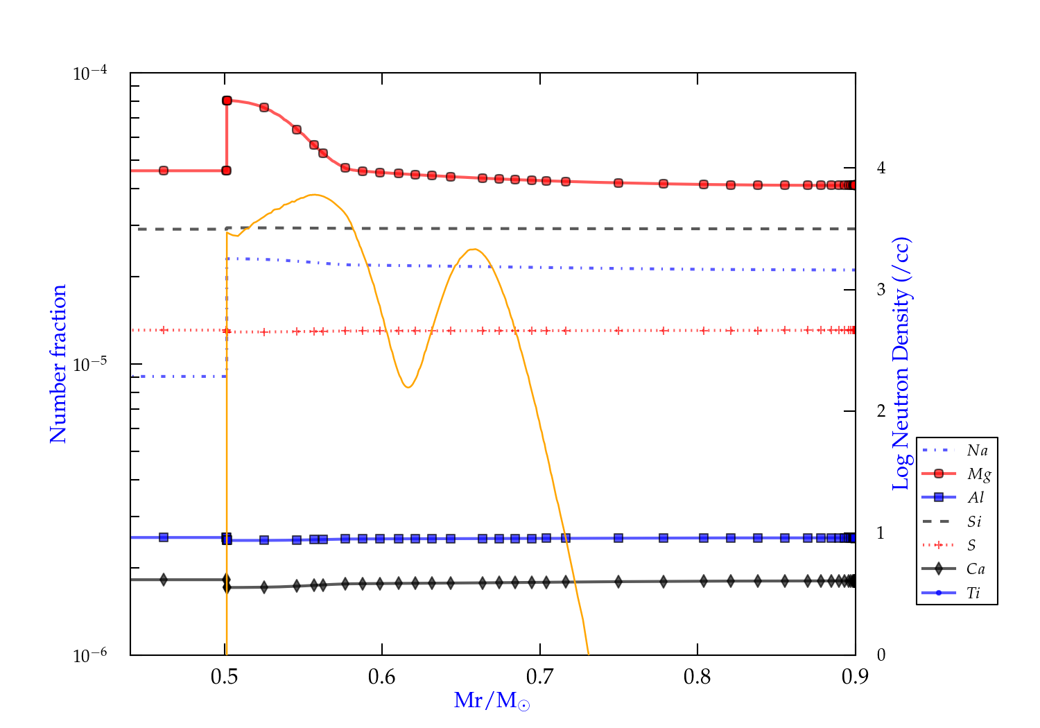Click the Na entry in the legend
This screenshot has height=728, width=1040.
[x=977, y=451]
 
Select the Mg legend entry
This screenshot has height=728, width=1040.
[x=978, y=474]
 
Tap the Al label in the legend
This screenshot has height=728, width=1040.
[x=976, y=498]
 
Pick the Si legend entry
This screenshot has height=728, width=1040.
[x=975, y=521]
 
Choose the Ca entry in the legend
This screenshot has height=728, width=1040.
[x=976, y=569]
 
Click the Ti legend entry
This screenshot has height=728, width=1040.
[x=973, y=593]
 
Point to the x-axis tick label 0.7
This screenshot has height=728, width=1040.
[x=539, y=677]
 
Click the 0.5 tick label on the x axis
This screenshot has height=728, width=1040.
[x=224, y=677]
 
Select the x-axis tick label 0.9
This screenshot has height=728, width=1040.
[x=855, y=677]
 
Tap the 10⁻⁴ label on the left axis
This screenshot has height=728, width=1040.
[x=90, y=73]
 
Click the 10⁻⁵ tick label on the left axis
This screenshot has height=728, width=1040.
[x=90, y=363]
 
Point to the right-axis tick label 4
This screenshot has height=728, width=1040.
[x=881, y=168]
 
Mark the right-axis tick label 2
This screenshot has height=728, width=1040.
[x=881, y=411]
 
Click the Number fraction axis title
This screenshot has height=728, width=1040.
[x=58, y=363]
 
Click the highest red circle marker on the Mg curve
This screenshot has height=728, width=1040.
[x=227, y=101]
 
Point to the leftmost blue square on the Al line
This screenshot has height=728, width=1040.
[x=164, y=537]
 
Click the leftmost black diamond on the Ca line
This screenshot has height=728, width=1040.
[x=164, y=580]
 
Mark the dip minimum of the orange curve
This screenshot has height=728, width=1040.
[x=408, y=387]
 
